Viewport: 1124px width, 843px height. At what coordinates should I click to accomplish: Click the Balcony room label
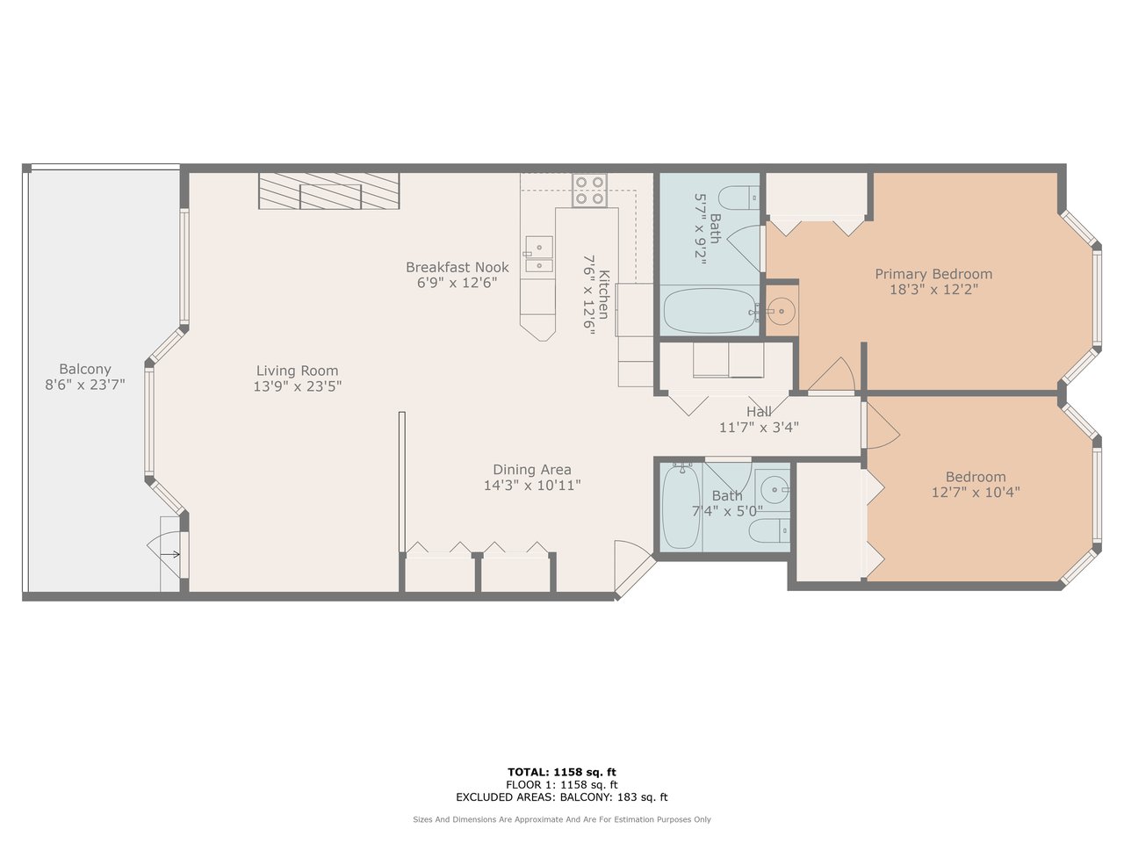pyautogui.click(x=85, y=369)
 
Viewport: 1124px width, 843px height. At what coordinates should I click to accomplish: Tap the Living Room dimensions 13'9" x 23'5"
pyautogui.click(x=298, y=385)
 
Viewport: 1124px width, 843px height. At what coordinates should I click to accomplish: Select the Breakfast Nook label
pyautogui.click(x=458, y=267)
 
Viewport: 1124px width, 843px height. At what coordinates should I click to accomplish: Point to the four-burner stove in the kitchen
pyautogui.click(x=589, y=191)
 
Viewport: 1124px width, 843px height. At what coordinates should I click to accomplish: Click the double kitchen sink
pyautogui.click(x=539, y=254)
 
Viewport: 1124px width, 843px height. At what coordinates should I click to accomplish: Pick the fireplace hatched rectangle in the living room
pyautogui.click(x=328, y=191)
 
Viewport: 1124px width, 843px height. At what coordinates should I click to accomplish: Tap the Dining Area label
pyautogui.click(x=532, y=469)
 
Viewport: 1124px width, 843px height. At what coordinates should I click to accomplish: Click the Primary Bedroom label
pyautogui.click(x=933, y=274)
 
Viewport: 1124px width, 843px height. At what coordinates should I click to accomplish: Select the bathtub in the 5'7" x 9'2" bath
pyautogui.click(x=710, y=310)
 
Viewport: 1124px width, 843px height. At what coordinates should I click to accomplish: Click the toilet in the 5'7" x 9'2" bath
pyautogui.click(x=739, y=198)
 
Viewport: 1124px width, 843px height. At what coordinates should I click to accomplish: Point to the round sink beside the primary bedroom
pyautogui.click(x=782, y=310)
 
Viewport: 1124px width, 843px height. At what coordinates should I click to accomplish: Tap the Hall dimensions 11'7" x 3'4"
pyautogui.click(x=759, y=427)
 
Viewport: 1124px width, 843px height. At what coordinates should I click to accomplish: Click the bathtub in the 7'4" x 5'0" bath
pyautogui.click(x=681, y=506)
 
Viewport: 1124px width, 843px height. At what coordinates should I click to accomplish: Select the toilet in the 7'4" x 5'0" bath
pyautogui.click(x=769, y=530)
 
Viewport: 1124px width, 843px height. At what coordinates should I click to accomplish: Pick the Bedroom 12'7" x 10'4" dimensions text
pyautogui.click(x=976, y=493)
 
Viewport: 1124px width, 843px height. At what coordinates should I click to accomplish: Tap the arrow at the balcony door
pyautogui.click(x=169, y=554)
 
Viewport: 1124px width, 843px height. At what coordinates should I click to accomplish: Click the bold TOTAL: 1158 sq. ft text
pyautogui.click(x=562, y=772)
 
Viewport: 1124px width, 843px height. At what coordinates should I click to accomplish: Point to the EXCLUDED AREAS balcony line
pyautogui.click(x=562, y=797)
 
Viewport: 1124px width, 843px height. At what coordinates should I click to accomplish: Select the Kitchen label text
pyautogui.click(x=604, y=294)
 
